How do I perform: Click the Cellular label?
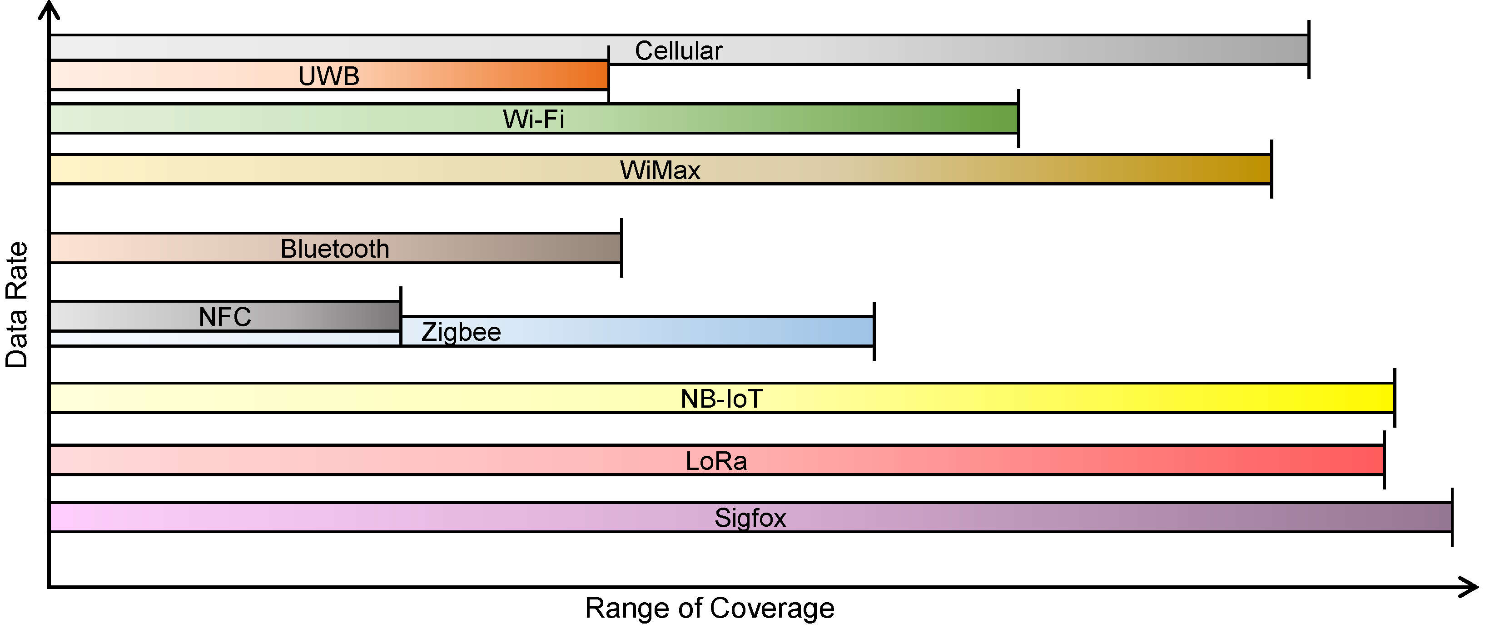[x=679, y=51]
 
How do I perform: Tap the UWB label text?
[x=328, y=76]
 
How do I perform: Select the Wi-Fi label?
[x=533, y=119]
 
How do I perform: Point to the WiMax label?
[x=660, y=170]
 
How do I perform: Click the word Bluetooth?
[x=335, y=249]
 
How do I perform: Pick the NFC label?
[x=225, y=316]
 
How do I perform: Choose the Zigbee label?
[x=461, y=332]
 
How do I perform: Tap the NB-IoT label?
[x=722, y=399]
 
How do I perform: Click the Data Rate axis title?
[x=16, y=305]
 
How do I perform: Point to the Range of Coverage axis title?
[x=710, y=608]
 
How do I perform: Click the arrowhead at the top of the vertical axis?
[x=49, y=9]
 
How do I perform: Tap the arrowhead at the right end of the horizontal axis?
[x=1470, y=587]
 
